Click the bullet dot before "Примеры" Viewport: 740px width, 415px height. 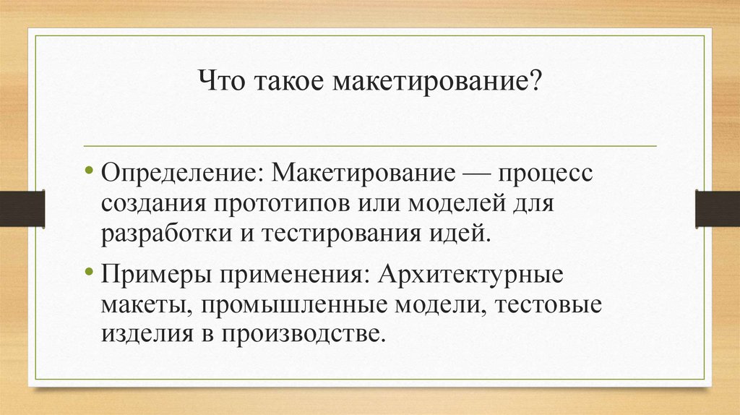[90, 275]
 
